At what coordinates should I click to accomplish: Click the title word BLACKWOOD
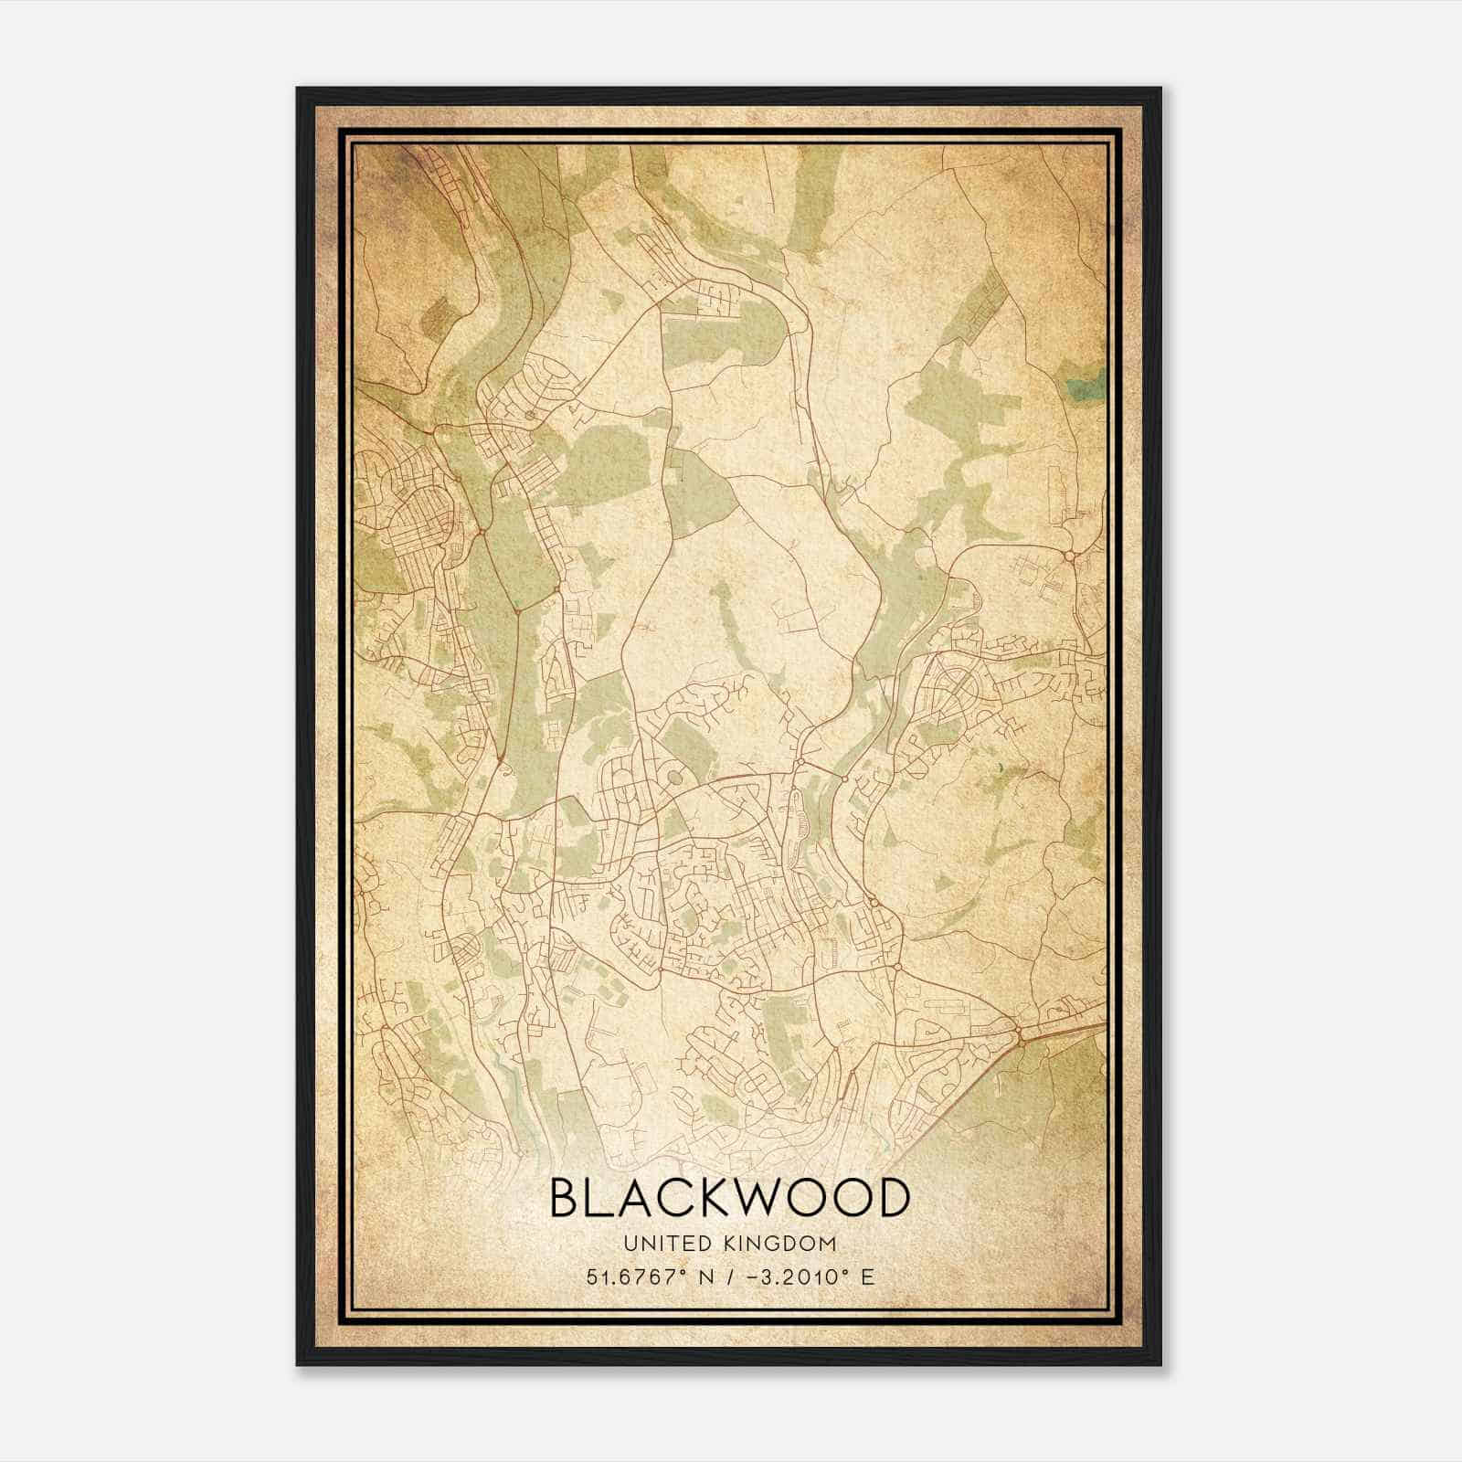730,1198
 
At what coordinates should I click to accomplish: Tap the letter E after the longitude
867,1277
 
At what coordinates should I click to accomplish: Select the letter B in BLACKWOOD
564,1198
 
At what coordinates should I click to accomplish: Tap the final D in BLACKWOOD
893,1198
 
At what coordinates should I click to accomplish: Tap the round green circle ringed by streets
675,778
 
